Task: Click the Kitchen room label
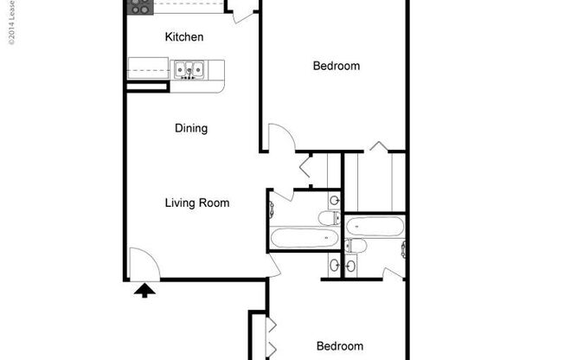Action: pyautogui.click(x=184, y=37)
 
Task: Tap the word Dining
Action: pyautogui.click(x=191, y=129)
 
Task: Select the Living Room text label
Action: pyautogui.click(x=197, y=203)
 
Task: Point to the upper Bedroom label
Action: pyautogui.click(x=336, y=66)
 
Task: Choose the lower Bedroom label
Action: pyautogui.click(x=340, y=346)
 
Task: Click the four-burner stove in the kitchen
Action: pyautogui.click(x=139, y=7)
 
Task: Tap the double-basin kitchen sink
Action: pyautogui.click(x=188, y=69)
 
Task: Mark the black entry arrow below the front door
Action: pyautogui.click(x=144, y=291)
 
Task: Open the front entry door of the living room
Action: pyautogui.click(x=141, y=263)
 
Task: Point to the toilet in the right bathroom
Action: pyautogui.click(x=357, y=247)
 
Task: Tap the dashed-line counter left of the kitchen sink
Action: pyautogui.click(x=150, y=67)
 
